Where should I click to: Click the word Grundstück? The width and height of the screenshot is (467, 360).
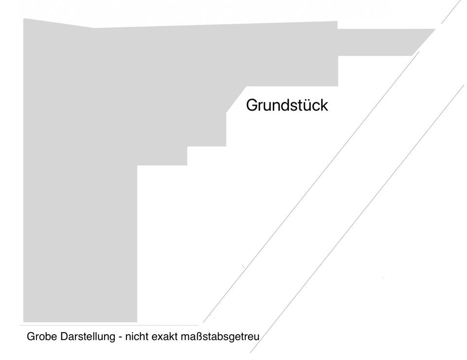[287, 105]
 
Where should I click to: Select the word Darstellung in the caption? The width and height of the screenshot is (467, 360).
[87, 336]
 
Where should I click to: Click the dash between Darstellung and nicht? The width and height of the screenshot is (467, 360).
[120, 337]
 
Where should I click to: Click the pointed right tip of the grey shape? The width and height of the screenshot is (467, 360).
[435, 29]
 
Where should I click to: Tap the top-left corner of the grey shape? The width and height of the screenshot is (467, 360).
[24, 19]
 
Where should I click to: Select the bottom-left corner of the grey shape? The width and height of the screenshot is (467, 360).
[24, 322]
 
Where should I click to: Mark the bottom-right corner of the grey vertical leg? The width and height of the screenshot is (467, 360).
[137, 322]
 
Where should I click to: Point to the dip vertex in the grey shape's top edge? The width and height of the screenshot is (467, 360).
[94, 28]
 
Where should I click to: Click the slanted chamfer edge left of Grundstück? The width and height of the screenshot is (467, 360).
[236, 99]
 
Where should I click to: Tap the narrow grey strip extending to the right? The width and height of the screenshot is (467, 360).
[379, 42]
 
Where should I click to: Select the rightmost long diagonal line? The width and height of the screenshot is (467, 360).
[360, 219]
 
